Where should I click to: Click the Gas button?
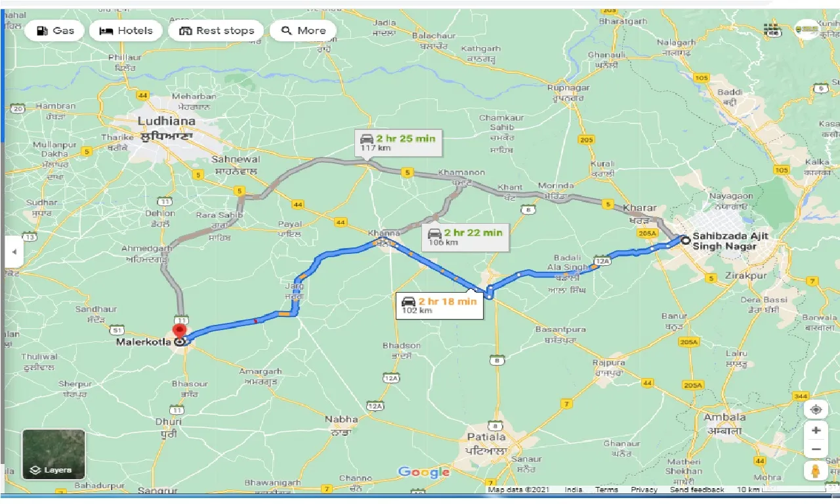point(55,31)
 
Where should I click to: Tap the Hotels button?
point(125,31)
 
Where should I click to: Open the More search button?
point(303,31)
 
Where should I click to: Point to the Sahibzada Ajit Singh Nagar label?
point(728,241)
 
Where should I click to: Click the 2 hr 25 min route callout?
point(398,142)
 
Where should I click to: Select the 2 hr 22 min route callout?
point(465,236)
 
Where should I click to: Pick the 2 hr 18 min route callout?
point(439,305)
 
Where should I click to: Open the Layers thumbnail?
point(54,453)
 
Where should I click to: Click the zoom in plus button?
point(815,430)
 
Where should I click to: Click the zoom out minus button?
point(815,450)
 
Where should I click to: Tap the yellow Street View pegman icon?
point(815,471)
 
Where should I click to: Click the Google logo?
point(424,472)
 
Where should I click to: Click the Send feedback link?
point(697,490)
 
